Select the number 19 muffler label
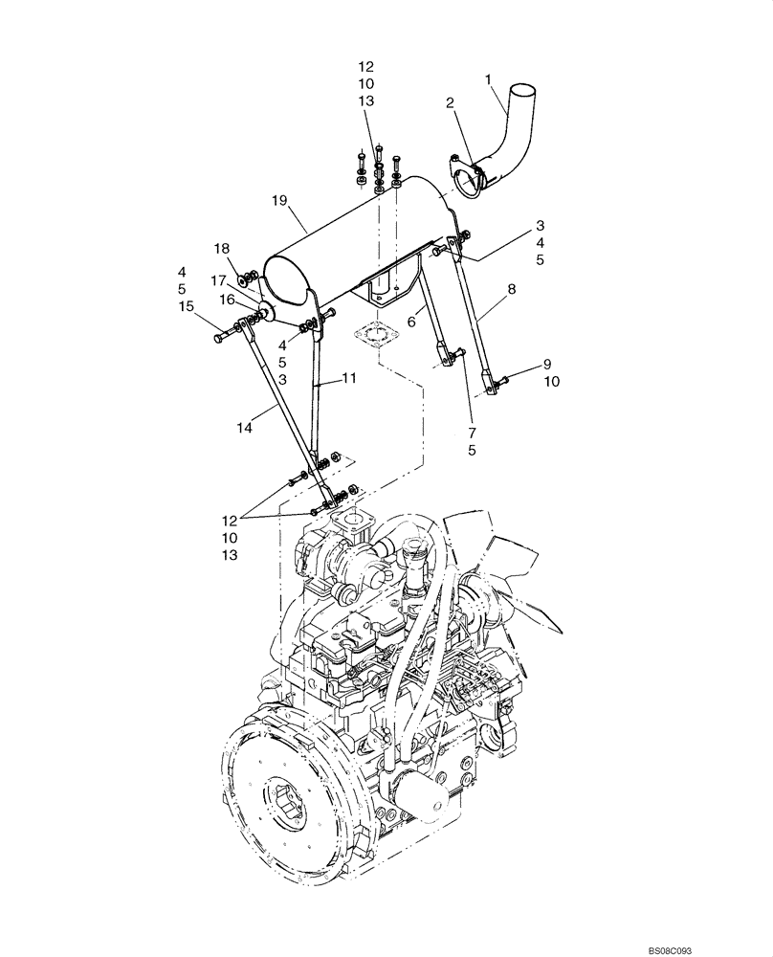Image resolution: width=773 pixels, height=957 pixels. [x=279, y=200]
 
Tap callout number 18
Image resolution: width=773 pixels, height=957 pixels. [x=222, y=248]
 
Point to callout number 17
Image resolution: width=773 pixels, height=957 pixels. [x=219, y=281]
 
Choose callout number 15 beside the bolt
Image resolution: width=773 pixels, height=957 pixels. [x=188, y=306]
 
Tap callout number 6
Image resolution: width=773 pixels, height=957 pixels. [x=411, y=323]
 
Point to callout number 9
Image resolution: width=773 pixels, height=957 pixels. [x=547, y=364]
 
